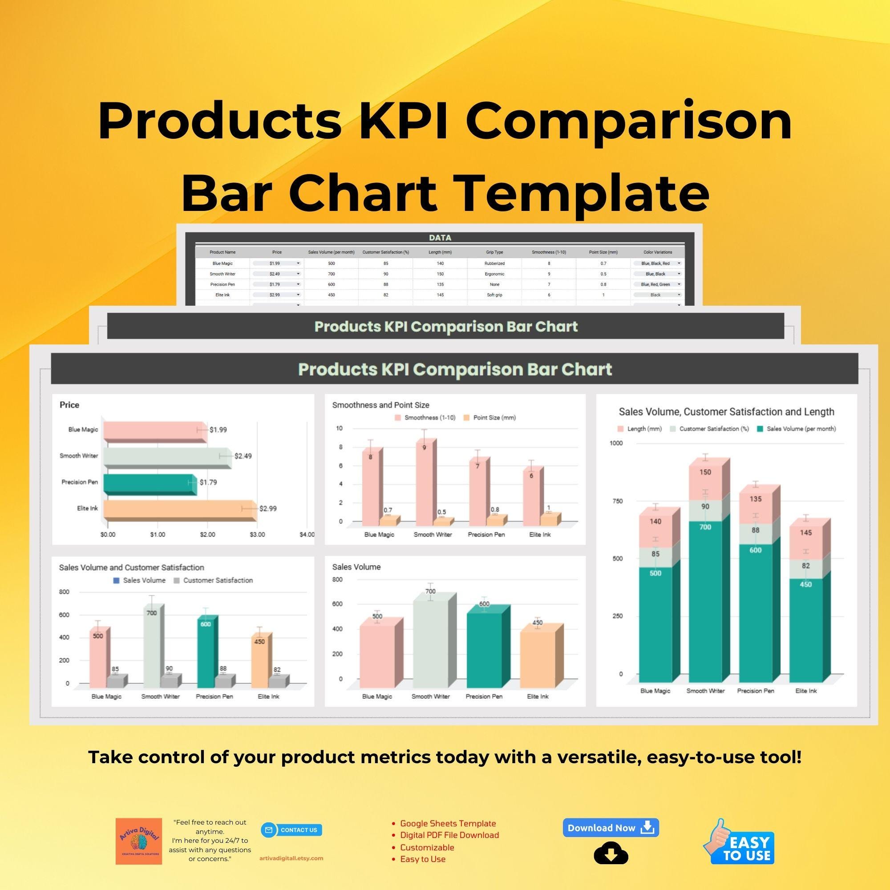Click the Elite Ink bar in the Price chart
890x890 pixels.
click(x=180, y=509)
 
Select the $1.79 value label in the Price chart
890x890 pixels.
click(x=208, y=482)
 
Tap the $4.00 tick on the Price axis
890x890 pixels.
click(x=307, y=534)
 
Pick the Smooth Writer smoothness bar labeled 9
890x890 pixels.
click(x=423, y=484)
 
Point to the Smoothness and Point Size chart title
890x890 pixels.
click(x=380, y=405)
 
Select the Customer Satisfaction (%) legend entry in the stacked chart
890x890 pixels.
click(x=709, y=429)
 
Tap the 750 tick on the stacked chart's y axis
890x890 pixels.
click(x=617, y=501)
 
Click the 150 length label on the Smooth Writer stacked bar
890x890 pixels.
click(x=705, y=472)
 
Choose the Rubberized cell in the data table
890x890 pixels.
click(x=494, y=263)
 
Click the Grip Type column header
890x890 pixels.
click(x=494, y=252)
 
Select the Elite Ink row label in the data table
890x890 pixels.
click(x=222, y=295)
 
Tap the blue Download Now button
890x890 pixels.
click(x=611, y=828)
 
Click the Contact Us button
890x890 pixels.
click(x=291, y=830)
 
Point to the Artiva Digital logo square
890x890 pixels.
click(x=139, y=841)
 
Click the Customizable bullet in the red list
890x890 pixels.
click(x=427, y=847)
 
